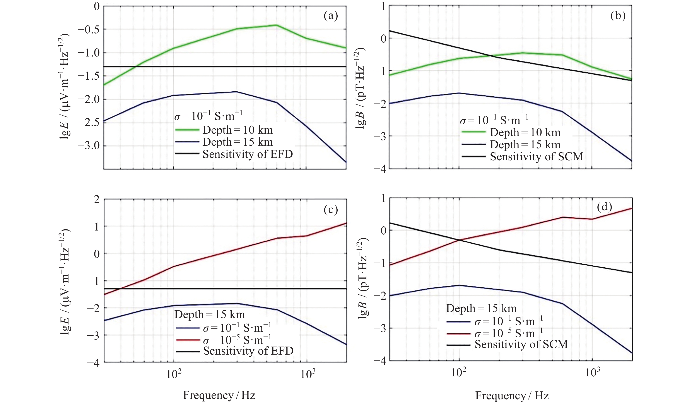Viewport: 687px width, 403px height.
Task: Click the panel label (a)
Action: point(331,16)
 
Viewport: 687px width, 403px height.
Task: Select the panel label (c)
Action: point(331,209)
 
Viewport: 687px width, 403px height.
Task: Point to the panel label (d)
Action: point(604,207)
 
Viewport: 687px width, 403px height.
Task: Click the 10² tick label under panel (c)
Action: point(173,374)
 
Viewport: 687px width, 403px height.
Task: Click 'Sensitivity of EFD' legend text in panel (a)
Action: point(248,154)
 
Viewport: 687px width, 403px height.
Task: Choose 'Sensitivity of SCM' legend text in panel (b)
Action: point(537,157)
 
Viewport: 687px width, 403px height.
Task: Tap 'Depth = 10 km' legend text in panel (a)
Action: point(238,130)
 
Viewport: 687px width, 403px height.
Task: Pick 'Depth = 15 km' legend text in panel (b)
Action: point(525,145)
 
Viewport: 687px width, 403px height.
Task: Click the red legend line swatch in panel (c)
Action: point(188,340)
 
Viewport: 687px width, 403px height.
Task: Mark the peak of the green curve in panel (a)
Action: point(277,25)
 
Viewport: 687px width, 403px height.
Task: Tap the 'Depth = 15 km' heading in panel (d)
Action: point(481,308)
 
